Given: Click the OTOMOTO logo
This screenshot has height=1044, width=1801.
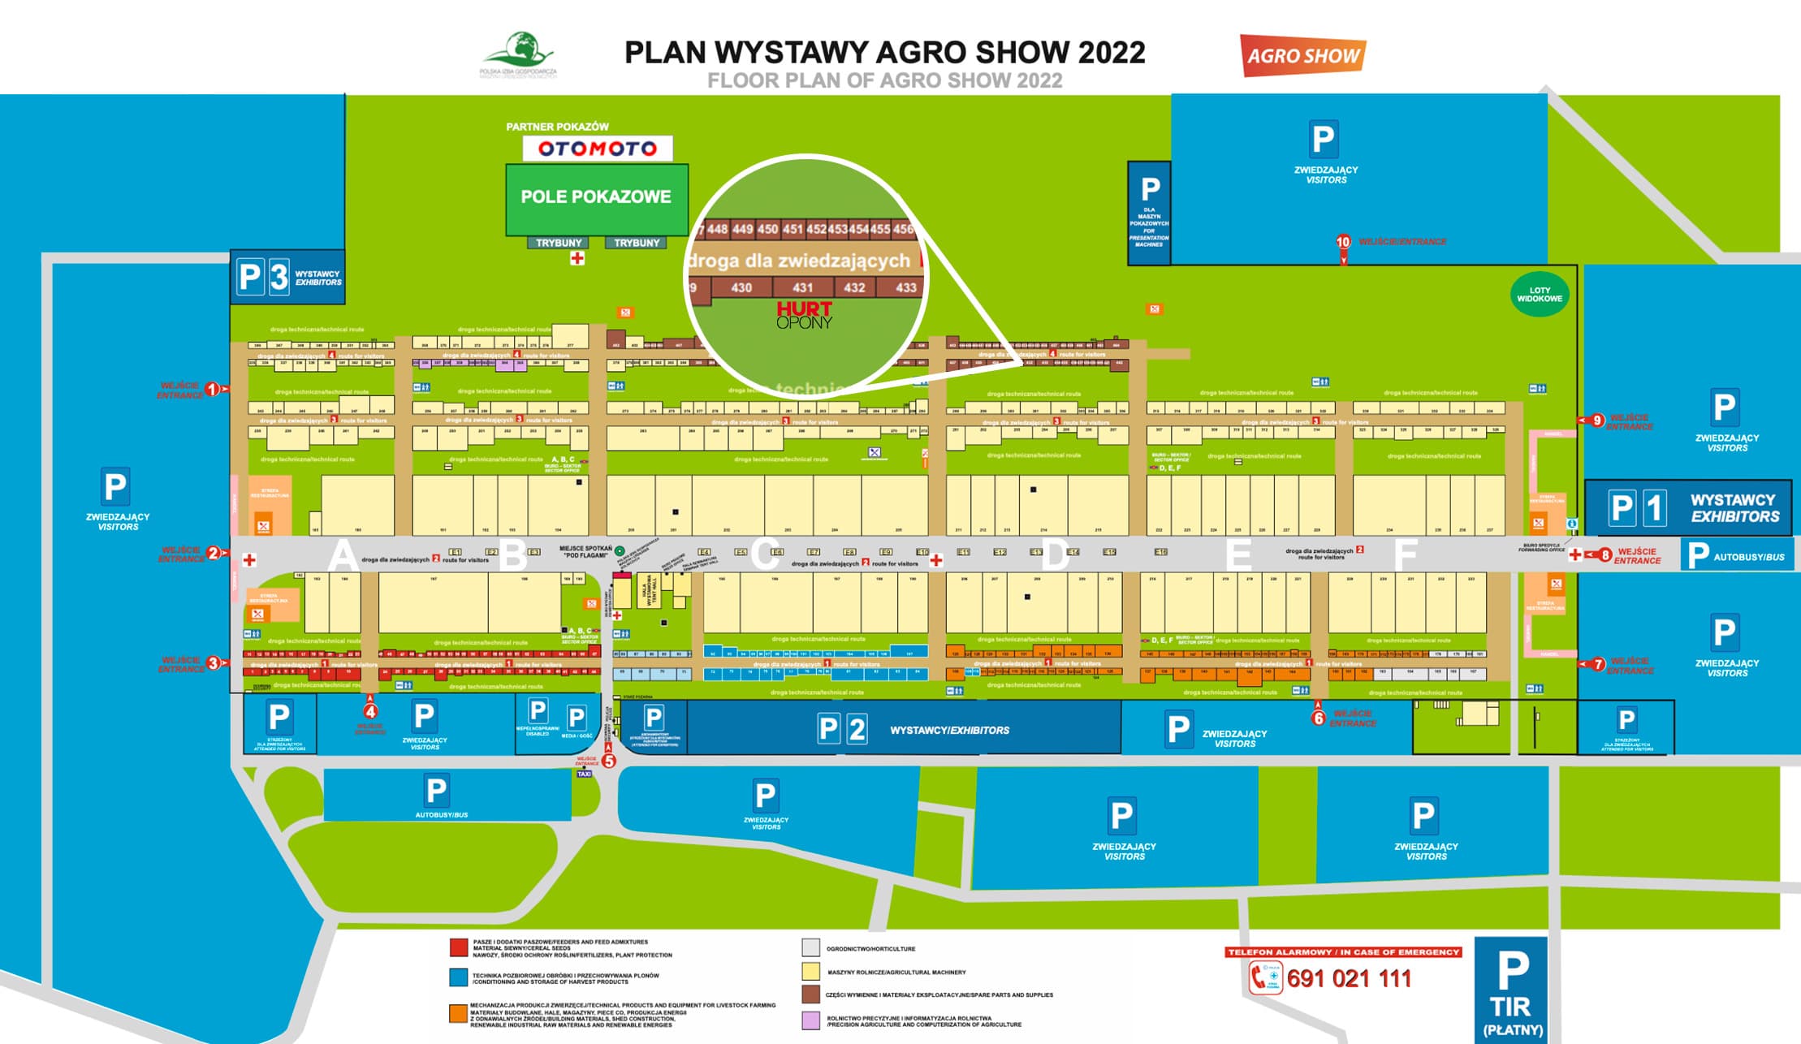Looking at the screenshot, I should click(x=597, y=149).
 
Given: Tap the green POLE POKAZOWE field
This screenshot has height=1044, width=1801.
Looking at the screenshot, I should click(x=596, y=196).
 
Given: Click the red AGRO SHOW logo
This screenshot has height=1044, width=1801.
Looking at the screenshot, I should click(x=1302, y=55).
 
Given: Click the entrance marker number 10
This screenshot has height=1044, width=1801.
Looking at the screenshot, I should click(x=1343, y=242).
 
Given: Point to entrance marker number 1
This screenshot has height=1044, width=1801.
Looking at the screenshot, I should click(x=212, y=390).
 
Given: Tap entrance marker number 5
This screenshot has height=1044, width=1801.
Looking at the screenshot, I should click(x=608, y=761).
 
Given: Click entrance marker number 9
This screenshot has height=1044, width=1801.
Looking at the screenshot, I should click(x=1596, y=421).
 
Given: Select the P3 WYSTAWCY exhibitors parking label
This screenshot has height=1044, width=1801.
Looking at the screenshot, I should click(x=287, y=278).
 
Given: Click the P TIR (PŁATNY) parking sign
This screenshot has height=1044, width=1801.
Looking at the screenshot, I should click(x=1510, y=990).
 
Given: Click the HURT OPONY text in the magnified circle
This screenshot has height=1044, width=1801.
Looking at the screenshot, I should click(x=804, y=315).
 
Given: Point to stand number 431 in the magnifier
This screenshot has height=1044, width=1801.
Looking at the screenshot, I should click(x=802, y=287).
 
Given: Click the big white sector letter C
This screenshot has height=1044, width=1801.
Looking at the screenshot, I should click(x=764, y=555).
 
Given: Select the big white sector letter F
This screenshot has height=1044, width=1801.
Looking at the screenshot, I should click(x=1405, y=555).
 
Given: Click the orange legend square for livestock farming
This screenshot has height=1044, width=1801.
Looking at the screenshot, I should click(x=458, y=1014).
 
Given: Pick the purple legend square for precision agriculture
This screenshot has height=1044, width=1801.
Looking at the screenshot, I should click(x=810, y=1020).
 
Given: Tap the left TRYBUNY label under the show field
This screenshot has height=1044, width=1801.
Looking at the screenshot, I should click(x=559, y=243).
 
